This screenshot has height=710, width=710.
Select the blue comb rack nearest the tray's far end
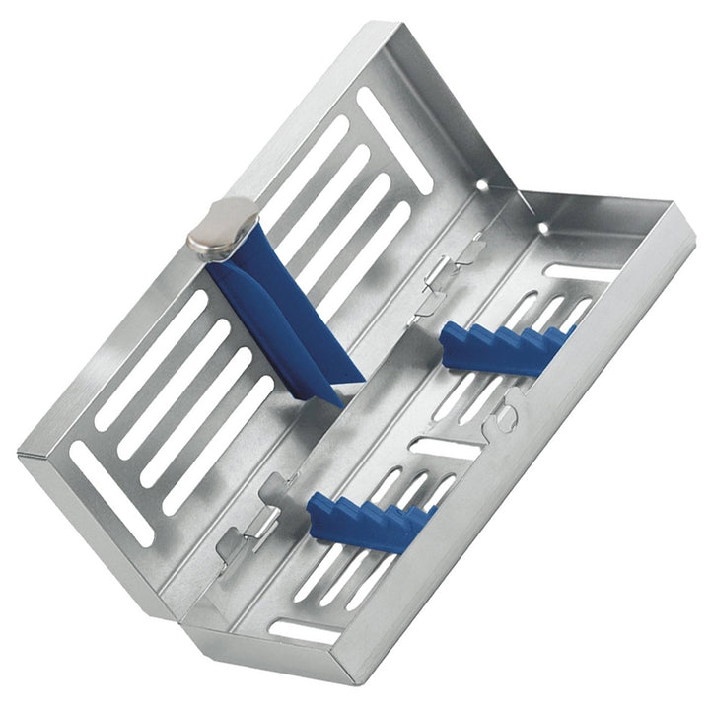tap(508, 350)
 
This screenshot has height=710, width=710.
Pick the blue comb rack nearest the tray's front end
tap(370, 517)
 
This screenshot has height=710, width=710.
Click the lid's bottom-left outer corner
tap(22, 456)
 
